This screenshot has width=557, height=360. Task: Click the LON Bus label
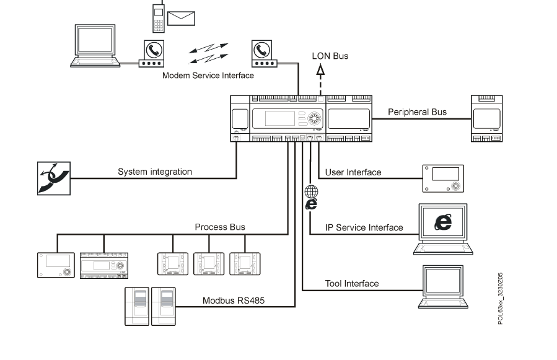330,56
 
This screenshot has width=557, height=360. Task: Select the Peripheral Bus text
417,112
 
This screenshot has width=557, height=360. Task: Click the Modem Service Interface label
208,76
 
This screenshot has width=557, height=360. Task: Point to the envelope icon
181,17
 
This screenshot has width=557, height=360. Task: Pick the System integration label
155,172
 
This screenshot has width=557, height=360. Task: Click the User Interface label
353,172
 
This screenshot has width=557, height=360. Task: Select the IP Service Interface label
364,227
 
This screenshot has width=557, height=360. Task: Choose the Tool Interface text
352,284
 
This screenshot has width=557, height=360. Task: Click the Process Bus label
220,227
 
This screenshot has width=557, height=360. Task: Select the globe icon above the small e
312,192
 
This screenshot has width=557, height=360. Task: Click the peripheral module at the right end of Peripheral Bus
486,118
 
